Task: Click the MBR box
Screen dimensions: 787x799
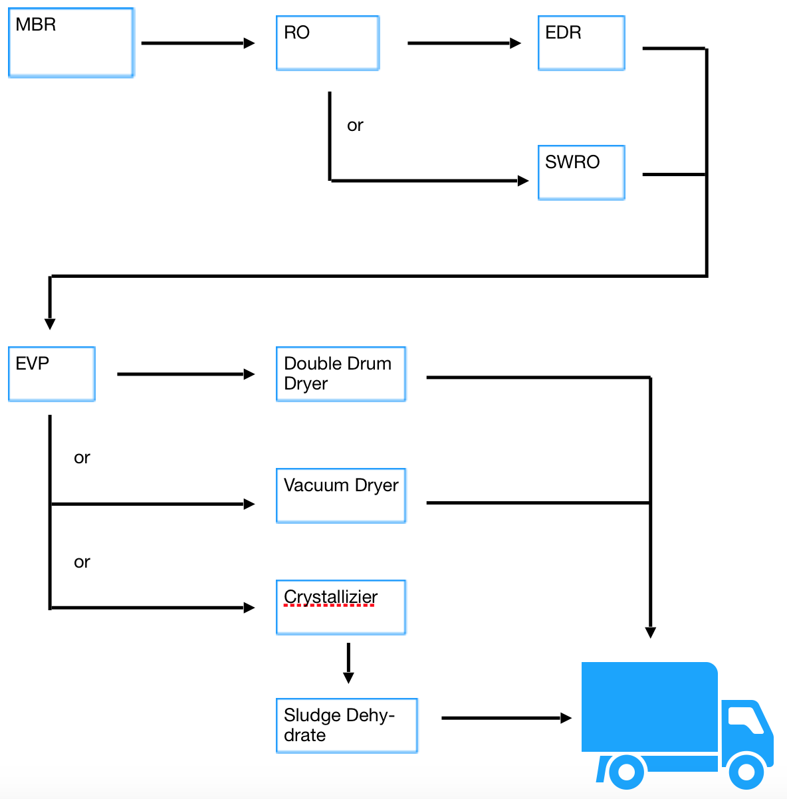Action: click(71, 43)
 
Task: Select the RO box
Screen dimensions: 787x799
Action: click(328, 43)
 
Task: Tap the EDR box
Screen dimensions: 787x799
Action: click(582, 43)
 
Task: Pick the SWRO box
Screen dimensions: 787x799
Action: click(582, 172)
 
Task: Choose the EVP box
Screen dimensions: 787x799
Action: click(52, 374)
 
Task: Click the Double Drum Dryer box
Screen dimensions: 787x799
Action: click(341, 374)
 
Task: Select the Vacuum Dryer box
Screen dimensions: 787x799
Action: click(341, 495)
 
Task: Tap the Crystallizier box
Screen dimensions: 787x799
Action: click(341, 607)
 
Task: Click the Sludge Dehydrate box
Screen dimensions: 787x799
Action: click(347, 725)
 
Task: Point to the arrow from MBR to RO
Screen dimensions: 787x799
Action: click(198, 43)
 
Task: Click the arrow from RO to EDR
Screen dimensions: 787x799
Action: click(465, 43)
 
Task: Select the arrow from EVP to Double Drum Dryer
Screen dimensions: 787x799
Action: click(186, 374)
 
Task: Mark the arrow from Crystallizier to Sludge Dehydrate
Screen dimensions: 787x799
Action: click(348, 663)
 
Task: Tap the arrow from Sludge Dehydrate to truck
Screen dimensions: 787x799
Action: click(506, 718)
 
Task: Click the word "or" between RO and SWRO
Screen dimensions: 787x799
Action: click(355, 125)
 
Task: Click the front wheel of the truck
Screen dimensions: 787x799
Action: click(746, 771)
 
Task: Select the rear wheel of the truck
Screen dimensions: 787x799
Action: click(626, 771)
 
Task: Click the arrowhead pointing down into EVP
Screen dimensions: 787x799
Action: click(50, 324)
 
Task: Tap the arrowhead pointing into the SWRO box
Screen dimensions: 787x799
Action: click(523, 181)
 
